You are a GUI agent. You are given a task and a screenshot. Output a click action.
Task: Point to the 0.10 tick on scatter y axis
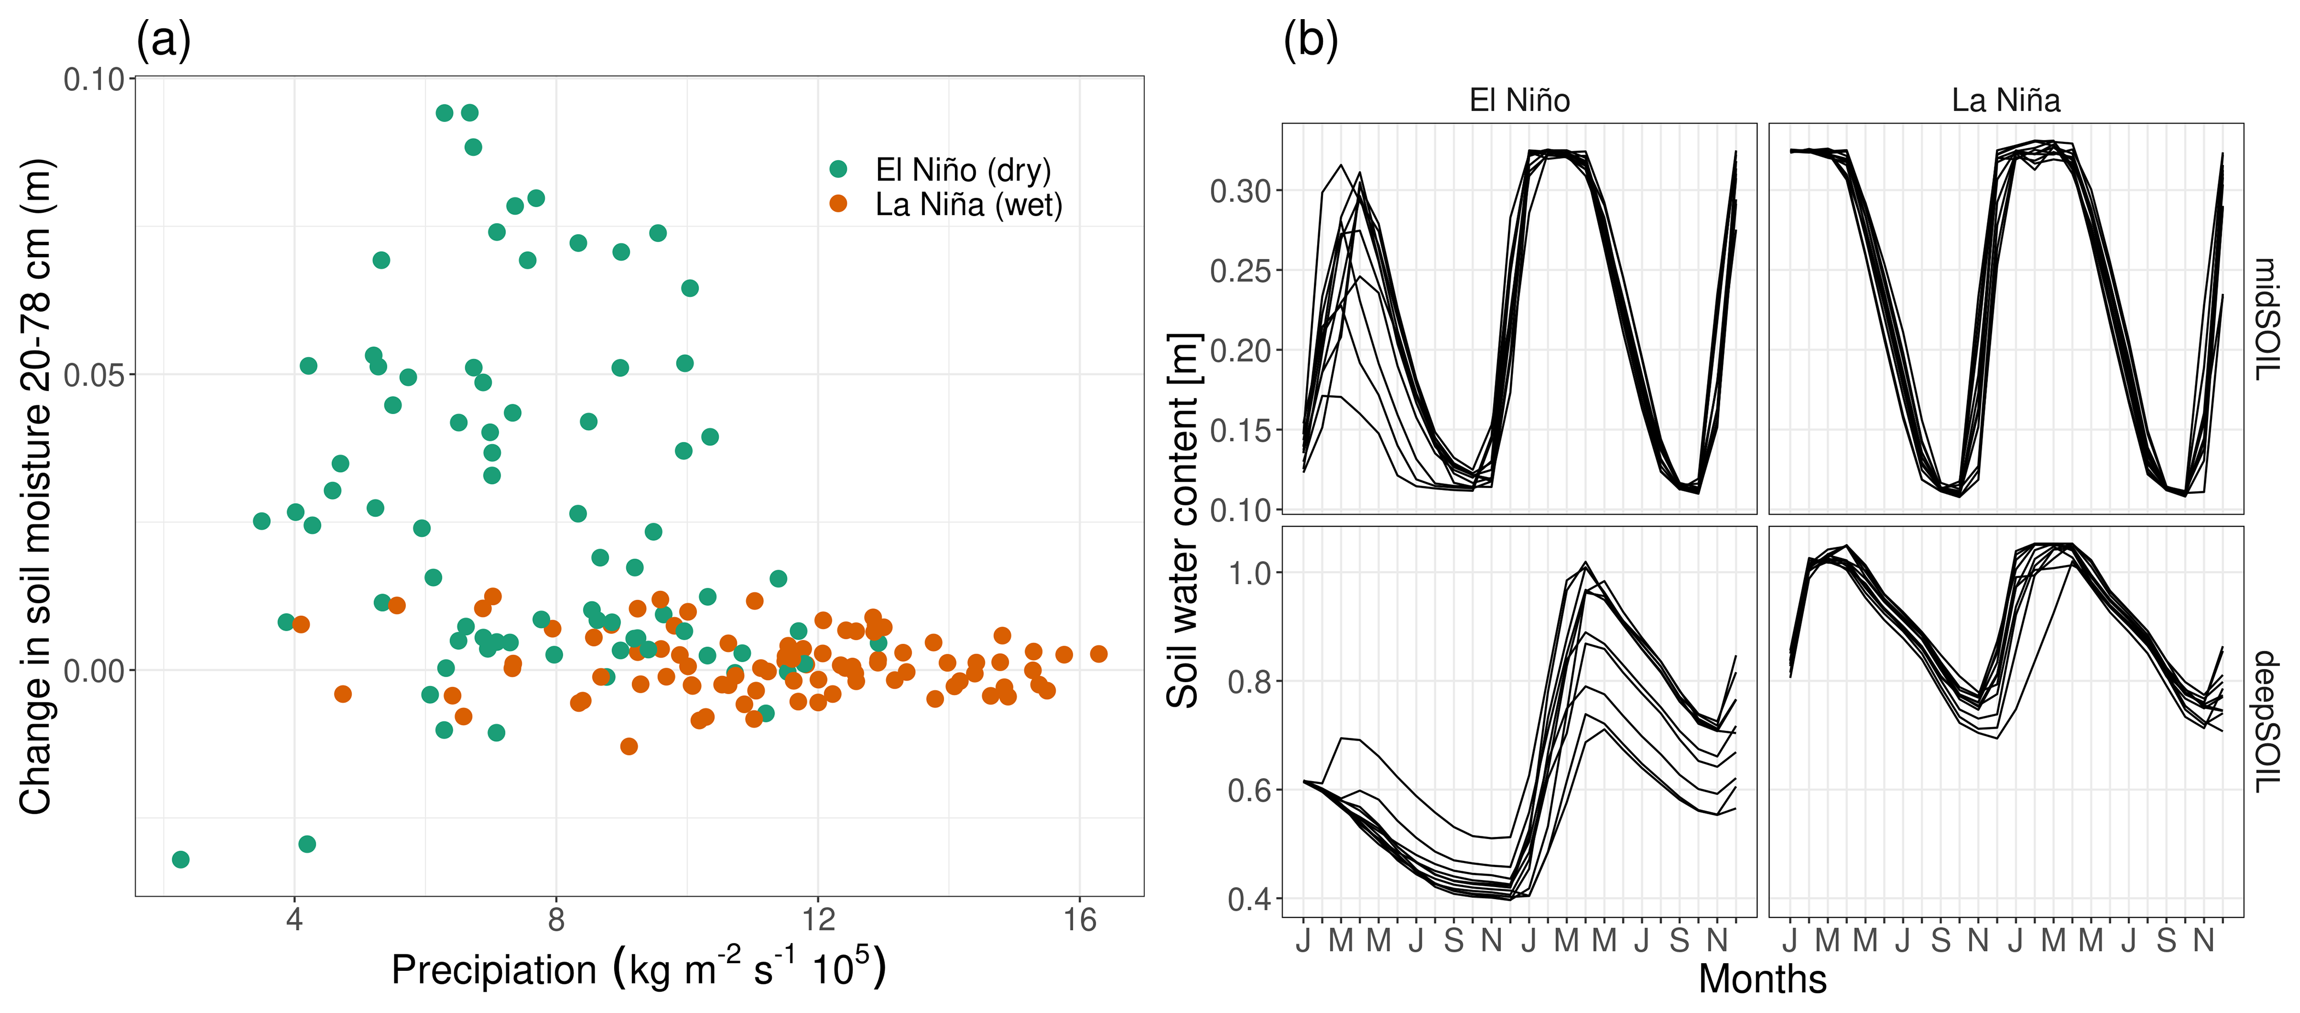(x=94, y=79)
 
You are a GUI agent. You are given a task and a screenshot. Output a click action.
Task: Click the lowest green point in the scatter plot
(x=180, y=859)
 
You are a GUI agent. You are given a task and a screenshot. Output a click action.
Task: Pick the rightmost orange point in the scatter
(x=1098, y=654)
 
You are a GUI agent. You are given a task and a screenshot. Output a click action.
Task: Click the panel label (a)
(x=164, y=40)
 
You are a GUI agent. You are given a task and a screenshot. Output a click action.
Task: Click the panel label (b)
(x=1310, y=40)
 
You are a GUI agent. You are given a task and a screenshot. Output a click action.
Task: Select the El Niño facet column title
(x=1519, y=100)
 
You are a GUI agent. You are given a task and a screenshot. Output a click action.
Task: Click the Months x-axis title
(x=1762, y=979)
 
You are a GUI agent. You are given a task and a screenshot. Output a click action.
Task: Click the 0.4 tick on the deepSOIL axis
(x=1249, y=899)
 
